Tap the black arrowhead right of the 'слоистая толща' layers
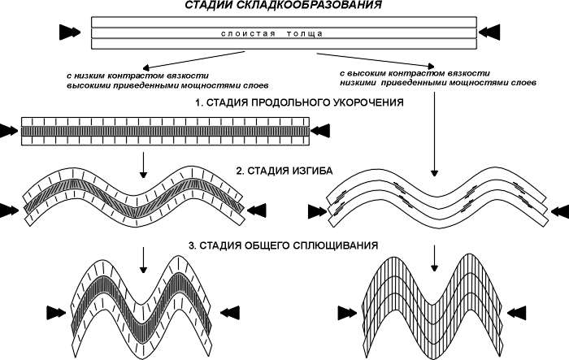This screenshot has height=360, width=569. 491,33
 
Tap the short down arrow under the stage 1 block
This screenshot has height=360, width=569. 143,163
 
